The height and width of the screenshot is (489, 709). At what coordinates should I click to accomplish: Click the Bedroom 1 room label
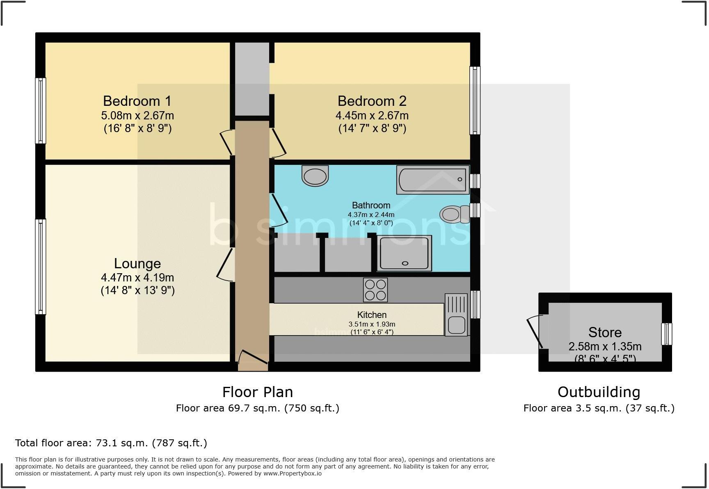pos(137,101)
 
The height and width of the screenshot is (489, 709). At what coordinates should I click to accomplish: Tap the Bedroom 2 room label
pos(372,101)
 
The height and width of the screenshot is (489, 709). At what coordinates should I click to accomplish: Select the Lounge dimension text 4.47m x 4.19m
pos(137,277)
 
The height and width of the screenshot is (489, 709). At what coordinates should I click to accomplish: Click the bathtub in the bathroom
pos(433,180)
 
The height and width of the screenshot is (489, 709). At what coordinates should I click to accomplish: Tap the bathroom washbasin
pos(315,176)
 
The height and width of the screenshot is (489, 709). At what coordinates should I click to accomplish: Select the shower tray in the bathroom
pos(404,253)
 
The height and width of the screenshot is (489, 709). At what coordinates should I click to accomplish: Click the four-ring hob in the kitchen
pos(375,290)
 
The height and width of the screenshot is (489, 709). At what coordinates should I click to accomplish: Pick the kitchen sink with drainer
pos(456,315)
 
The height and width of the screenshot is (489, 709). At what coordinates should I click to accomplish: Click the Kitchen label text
pos(372,315)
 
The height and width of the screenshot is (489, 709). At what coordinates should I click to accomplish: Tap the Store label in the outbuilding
pos(605,332)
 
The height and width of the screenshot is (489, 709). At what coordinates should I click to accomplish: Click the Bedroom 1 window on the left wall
pos(41,111)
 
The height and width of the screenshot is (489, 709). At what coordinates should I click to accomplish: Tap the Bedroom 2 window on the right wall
pos(475,101)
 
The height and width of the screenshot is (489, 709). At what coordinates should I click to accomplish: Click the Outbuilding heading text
pos(599,392)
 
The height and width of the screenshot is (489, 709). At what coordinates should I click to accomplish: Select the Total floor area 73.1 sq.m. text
pos(111,443)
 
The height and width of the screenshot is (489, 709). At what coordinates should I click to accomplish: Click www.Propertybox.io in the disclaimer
pos(292,473)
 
